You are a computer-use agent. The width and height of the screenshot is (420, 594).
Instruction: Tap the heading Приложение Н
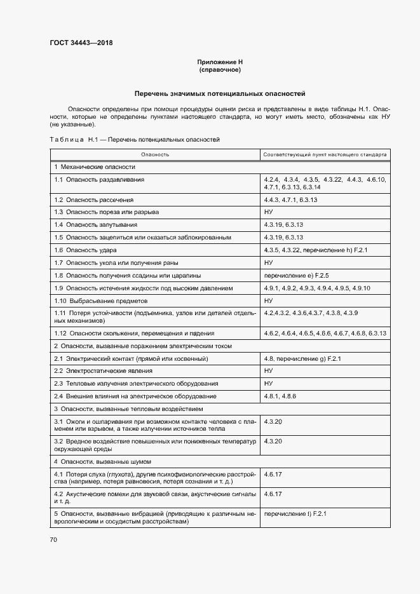[220, 62]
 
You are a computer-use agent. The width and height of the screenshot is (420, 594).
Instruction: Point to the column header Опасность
[155, 154]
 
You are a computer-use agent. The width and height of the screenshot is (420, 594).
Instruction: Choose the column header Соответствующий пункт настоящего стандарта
[325, 154]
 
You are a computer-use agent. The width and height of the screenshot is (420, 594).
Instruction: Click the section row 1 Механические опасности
[95, 167]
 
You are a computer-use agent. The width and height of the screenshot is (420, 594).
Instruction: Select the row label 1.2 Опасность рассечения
[93, 199]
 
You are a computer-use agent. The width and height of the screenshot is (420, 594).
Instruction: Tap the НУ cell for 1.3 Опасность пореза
[268, 212]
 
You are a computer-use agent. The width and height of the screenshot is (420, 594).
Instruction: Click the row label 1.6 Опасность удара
[86, 250]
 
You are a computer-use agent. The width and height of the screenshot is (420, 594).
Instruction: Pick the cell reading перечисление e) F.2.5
[295, 275]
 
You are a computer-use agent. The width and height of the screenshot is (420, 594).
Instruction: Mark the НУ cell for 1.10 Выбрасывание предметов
[268, 300]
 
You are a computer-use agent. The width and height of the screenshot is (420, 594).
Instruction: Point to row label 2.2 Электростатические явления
[103, 370]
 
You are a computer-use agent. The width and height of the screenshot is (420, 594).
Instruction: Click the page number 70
[53, 539]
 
